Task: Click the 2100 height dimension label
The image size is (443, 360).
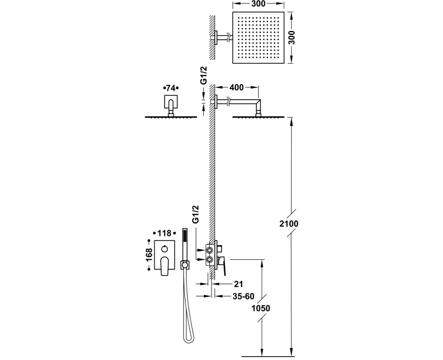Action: pos(289,224)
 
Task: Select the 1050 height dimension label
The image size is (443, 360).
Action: pos(261,308)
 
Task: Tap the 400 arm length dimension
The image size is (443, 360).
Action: pos(236,88)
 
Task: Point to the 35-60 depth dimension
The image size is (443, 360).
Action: pos(243,296)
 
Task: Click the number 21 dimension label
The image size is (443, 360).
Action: pos(238,284)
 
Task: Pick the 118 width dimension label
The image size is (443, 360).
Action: pos(164,233)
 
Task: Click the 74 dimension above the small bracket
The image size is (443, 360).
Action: pos(171,88)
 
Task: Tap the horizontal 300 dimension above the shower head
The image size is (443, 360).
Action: pos(258,4)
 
